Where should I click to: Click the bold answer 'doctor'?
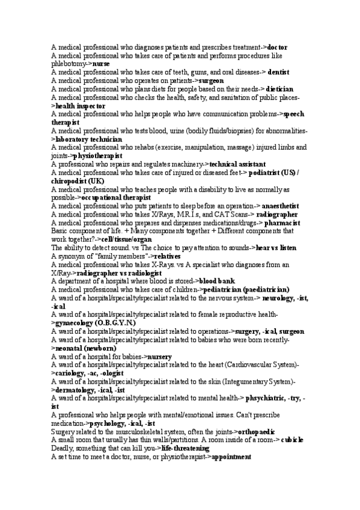click(x=277, y=47)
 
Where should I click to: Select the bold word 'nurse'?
click(x=101, y=63)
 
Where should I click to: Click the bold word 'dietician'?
click(x=279, y=88)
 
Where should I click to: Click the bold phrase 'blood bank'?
click(x=217, y=281)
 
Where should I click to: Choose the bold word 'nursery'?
click(x=160, y=357)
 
